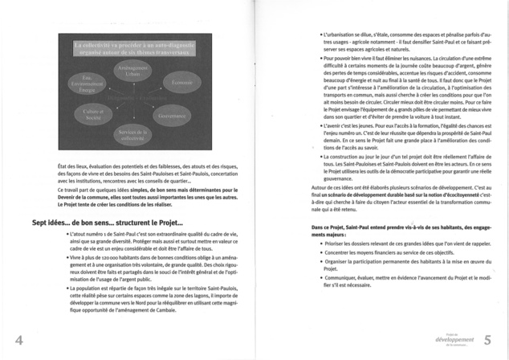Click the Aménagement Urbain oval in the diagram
click(x=127, y=73)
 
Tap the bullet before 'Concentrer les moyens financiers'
click(x=321, y=252)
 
